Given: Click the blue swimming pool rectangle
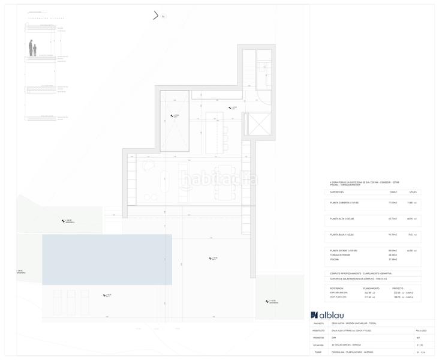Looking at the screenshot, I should (x=107, y=259).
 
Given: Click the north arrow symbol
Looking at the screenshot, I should (x=157, y=16).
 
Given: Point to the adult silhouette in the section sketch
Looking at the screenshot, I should (x=31, y=47).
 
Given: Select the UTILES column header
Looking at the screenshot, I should (x=412, y=192).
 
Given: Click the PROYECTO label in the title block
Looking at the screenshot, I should (x=318, y=323).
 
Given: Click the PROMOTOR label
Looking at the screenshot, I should (x=318, y=338).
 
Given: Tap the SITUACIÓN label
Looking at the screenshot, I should (x=318, y=345).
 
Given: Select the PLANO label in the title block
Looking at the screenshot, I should (x=317, y=352).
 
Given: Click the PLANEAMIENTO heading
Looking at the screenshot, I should (x=372, y=288).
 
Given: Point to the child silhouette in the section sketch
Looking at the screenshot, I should (x=35, y=50).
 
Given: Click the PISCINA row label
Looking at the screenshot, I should (x=335, y=259).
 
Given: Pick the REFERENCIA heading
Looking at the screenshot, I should (x=337, y=288).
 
